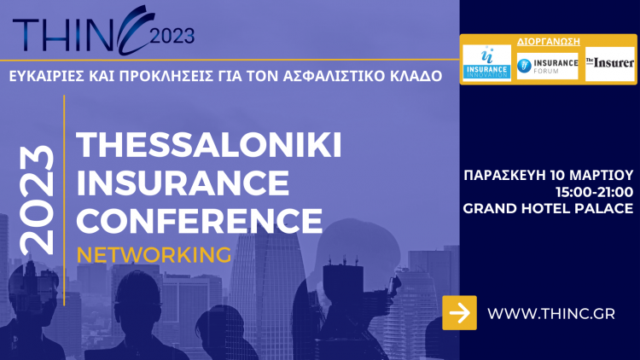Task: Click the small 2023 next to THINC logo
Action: coord(172,37)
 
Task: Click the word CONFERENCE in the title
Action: coord(198,221)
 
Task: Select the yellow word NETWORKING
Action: coord(154,255)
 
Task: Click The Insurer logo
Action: coord(609,63)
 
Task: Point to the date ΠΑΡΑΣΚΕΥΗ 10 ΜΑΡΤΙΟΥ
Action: coord(548,175)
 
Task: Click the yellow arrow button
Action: coord(460,312)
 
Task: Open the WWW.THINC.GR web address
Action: coord(550,314)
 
